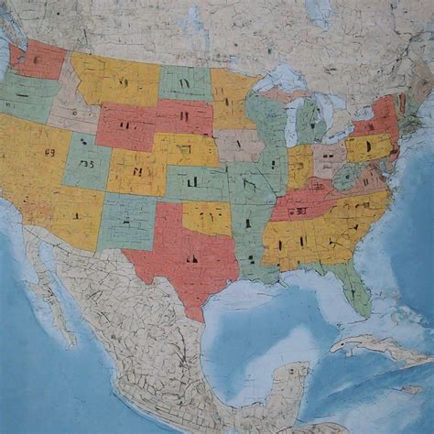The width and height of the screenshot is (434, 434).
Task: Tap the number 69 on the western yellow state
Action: (49, 154)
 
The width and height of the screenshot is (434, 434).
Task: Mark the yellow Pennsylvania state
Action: (366, 146)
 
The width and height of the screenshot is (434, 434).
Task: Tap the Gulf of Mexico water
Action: (266, 320)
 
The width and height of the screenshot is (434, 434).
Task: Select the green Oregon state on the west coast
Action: (27, 96)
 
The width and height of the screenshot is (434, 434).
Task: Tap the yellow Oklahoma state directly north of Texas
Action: (207, 218)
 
